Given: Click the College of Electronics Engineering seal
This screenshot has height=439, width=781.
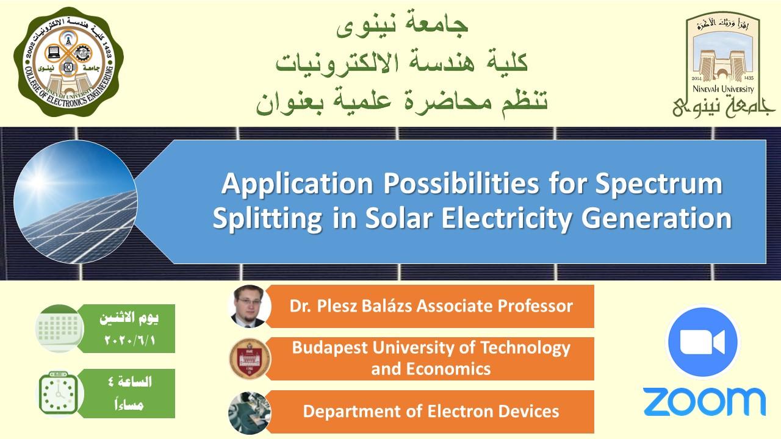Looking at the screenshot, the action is [69, 62].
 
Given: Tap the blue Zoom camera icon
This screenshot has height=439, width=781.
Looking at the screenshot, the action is [702, 342].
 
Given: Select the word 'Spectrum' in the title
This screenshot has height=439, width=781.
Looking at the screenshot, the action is [658, 185].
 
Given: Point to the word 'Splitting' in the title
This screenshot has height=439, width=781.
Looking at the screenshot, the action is [267, 219].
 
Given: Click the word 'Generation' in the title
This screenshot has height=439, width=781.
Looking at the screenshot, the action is [656, 218].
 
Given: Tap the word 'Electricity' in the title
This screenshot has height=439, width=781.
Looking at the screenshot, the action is [506, 219].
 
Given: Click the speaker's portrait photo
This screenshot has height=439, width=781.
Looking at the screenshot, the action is [250, 306].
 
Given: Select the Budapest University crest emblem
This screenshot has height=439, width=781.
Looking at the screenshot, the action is [250, 359].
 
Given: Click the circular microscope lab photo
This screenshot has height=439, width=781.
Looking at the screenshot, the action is [250, 413].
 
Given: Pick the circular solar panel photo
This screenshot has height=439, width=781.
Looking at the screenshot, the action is [76, 202].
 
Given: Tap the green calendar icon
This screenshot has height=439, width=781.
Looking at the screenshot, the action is [60, 329].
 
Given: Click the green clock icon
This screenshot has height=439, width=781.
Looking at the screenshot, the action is [59, 393].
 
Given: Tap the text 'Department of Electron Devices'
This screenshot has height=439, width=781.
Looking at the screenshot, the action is [431, 412].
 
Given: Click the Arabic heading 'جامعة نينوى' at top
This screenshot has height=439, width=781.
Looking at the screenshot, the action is [402, 26].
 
